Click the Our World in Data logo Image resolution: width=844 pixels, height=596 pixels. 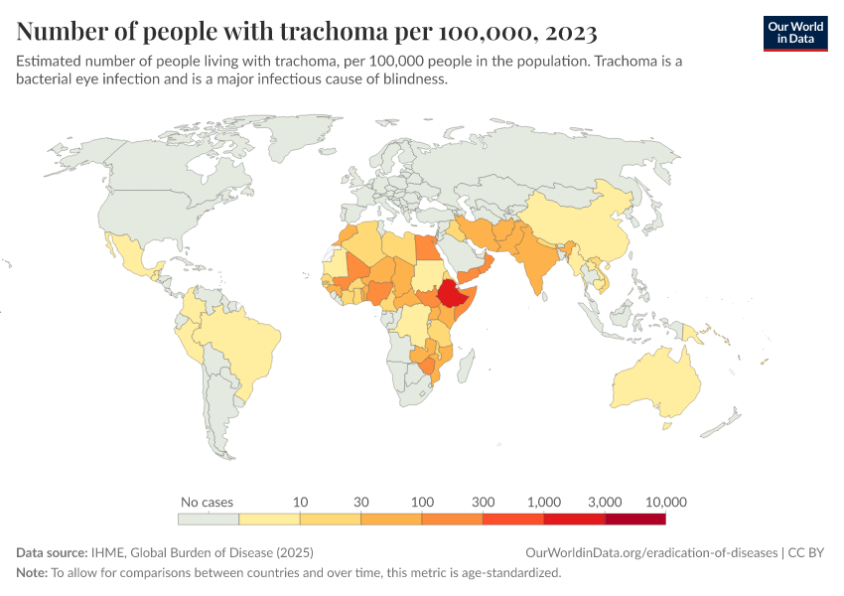(x=794, y=33)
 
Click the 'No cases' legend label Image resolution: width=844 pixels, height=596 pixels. (x=208, y=502)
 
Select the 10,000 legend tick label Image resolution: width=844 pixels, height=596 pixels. (x=665, y=502)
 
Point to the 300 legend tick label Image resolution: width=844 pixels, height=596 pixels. (x=483, y=502)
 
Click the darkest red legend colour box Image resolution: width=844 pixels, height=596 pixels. (x=635, y=519)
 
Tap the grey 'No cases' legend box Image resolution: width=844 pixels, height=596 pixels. (x=209, y=519)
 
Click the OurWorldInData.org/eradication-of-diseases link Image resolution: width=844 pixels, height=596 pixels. (x=651, y=552)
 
